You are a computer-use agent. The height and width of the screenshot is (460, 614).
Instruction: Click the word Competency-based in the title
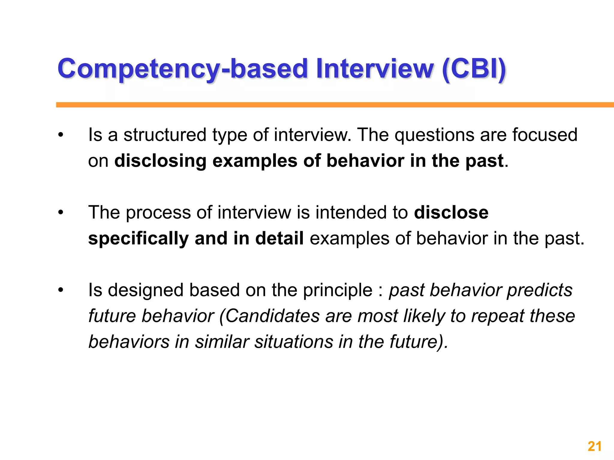pos(182,69)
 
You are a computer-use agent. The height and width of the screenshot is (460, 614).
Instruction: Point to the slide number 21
pos(595,447)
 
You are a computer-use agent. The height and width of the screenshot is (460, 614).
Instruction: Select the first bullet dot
pos(61,135)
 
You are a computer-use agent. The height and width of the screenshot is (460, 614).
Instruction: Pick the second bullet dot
pos(61,213)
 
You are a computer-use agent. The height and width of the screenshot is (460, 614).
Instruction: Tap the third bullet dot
pos(61,290)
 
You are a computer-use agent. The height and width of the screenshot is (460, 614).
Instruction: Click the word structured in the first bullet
pos(165,135)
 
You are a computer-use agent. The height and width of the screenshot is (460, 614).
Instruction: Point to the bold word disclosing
pos(160,161)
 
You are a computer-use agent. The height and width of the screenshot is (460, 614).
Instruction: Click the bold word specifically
pos(138,239)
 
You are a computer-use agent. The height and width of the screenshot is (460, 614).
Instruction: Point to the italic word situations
pos(294,342)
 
